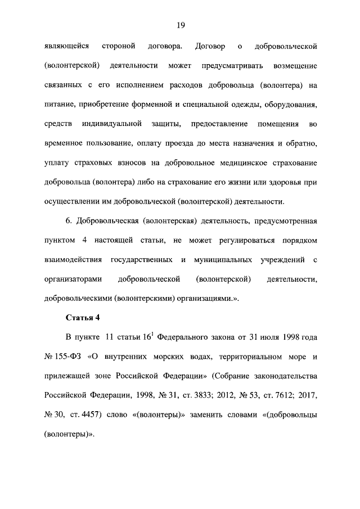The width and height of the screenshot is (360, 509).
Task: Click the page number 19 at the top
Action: coord(180,25)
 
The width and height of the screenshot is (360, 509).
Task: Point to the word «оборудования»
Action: coord(289,105)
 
